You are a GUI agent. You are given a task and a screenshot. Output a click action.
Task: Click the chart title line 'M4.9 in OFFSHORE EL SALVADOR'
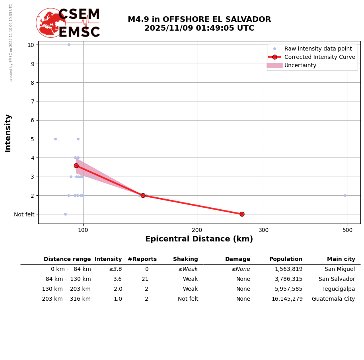pos(199,19)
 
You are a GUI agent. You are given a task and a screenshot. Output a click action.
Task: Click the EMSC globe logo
pos(51,23)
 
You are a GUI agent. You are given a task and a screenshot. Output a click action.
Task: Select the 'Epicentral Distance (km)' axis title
pos(199,239)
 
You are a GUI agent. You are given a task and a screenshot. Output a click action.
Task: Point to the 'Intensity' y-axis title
pos(8,133)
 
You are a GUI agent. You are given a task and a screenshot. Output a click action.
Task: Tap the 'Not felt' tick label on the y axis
pos(24,214)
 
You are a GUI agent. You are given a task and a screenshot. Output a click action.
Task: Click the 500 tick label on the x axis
pos(347,230)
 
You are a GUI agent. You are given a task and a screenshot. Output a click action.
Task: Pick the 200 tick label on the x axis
pos(197,230)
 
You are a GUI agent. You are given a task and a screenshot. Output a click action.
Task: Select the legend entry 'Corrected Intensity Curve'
pos(319,57)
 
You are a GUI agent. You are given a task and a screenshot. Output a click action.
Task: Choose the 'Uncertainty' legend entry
pos(300,65)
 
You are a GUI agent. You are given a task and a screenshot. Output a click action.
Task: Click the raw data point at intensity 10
pos(69,45)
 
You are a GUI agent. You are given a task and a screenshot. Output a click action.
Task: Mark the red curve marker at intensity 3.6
pos(76,165)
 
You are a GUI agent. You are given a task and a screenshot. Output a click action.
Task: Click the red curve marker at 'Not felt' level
pos(242,214)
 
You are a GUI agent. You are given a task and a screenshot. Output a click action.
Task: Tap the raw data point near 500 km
pos(345,195)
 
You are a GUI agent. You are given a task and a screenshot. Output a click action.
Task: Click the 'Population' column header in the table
pos(286,259)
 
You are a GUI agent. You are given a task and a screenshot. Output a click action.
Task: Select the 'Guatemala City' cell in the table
pos(333,299)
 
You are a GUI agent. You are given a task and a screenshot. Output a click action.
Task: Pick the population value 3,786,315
pos(288,279)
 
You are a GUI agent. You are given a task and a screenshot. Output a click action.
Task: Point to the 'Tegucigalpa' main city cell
pos(339,289)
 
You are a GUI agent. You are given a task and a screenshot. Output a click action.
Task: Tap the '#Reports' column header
pos(142,259)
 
